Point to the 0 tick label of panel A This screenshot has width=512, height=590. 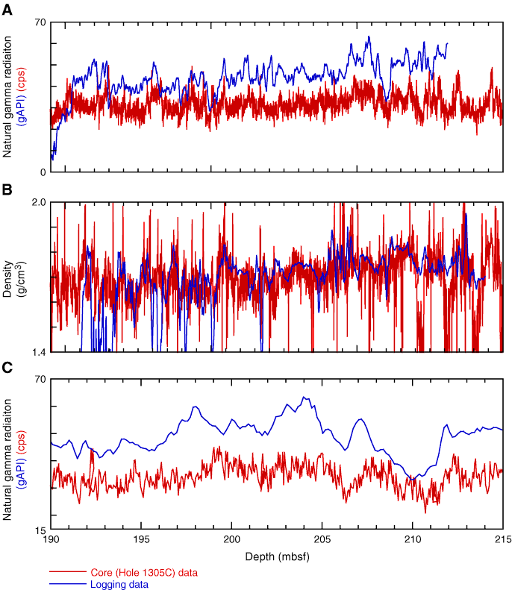point(42,172)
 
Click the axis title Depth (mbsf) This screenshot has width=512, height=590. point(277,556)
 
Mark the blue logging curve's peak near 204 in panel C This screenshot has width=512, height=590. point(305,398)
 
